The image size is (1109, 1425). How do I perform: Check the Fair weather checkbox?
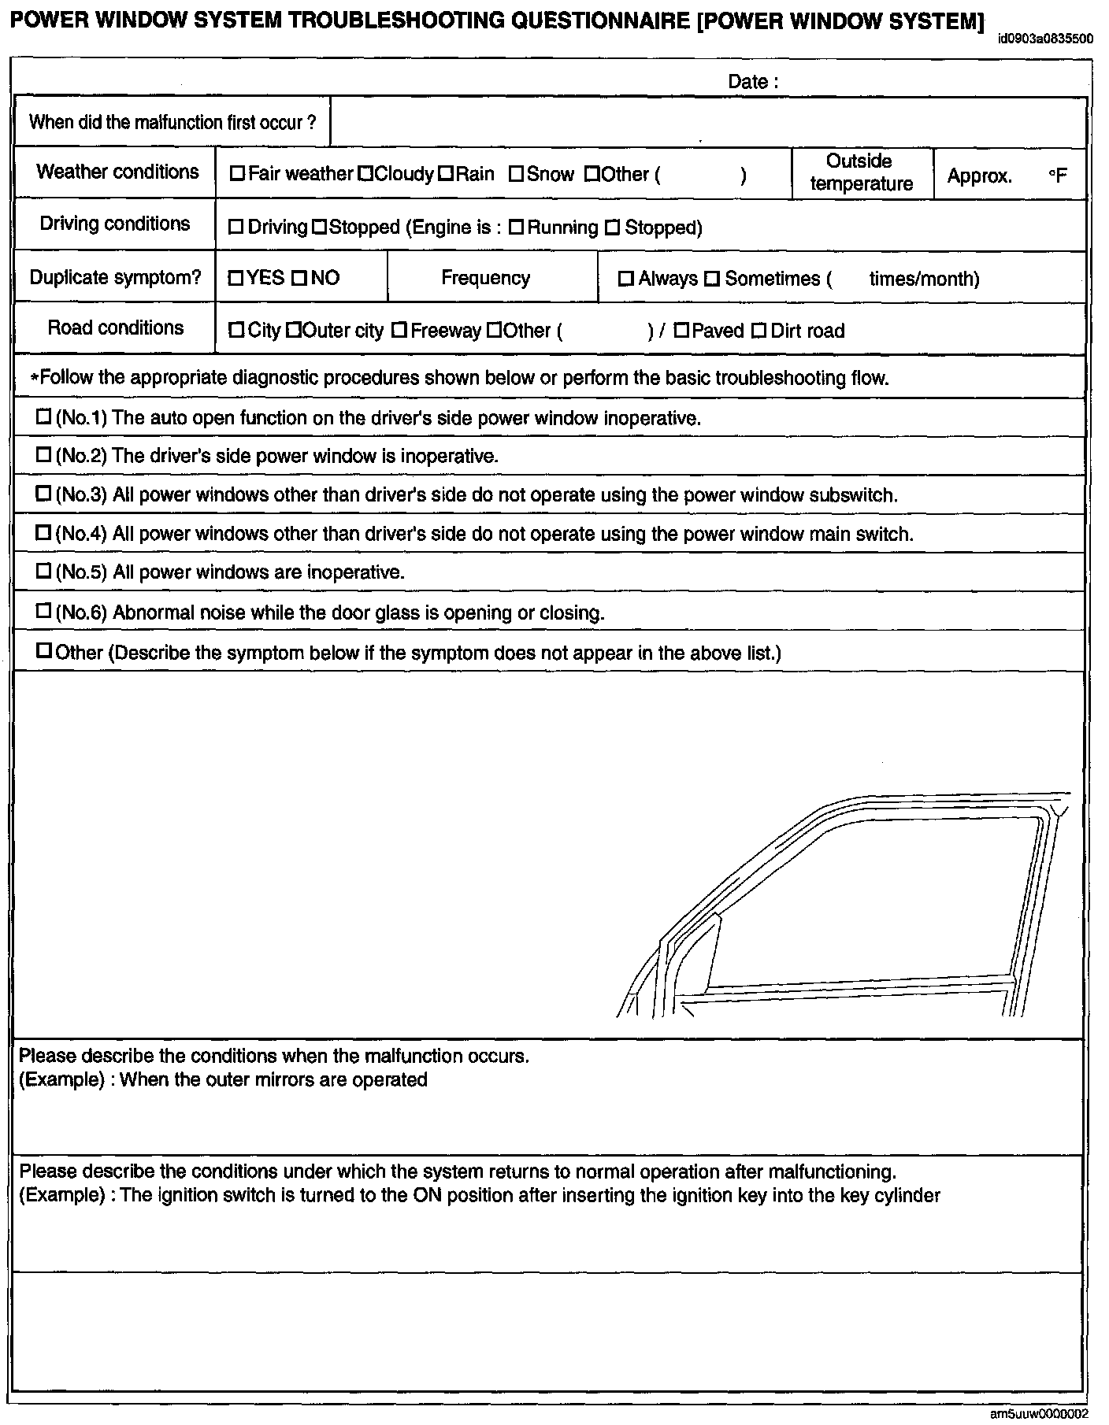click(x=236, y=174)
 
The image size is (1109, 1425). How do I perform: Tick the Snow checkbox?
click(x=516, y=174)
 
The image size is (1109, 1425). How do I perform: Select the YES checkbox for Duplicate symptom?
click(x=235, y=278)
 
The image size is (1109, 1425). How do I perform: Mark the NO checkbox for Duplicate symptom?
click(x=299, y=278)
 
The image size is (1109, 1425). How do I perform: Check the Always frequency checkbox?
click(x=626, y=279)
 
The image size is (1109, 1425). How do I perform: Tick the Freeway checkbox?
click(x=399, y=331)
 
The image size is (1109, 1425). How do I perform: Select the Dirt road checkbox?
click(x=758, y=331)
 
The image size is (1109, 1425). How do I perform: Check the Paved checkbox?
click(x=682, y=331)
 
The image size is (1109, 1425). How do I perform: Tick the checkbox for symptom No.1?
click(x=44, y=417)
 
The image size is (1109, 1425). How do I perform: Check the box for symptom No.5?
click(x=44, y=572)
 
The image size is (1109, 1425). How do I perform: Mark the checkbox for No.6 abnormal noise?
click(x=44, y=612)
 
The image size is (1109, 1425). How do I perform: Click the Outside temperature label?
click(x=861, y=172)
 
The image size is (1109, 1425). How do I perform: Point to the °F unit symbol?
click(x=1059, y=176)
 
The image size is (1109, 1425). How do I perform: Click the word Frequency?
click(x=485, y=278)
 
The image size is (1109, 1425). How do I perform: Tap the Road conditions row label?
click(x=116, y=328)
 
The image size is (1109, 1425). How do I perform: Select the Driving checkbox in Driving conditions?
click(x=235, y=228)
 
